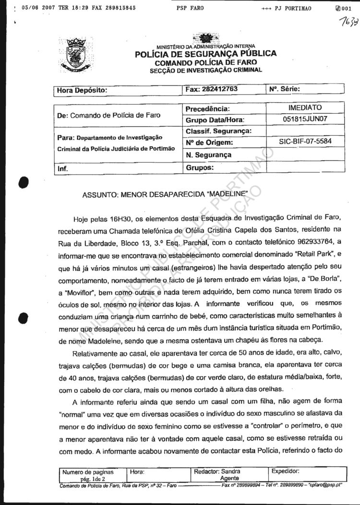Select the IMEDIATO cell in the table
coord(305,107)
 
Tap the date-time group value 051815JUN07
coord(305,119)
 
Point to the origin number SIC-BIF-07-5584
coord(305,142)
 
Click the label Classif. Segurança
coord(218,131)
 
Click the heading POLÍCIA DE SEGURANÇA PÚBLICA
coord(206,54)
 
